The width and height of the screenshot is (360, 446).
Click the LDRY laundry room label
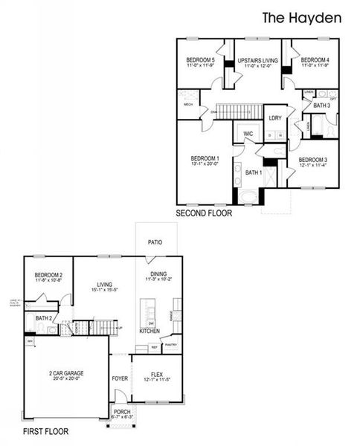tap(274, 117)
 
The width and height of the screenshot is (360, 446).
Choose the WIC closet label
tap(248, 134)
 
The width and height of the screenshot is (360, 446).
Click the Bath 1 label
tap(253, 172)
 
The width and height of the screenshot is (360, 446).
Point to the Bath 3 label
tap(321, 106)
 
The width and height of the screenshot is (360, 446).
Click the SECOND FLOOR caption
tap(204, 213)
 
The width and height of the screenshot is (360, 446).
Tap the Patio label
tap(155, 242)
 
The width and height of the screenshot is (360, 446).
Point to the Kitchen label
tap(150, 330)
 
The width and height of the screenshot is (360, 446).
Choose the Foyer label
tap(119, 377)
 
